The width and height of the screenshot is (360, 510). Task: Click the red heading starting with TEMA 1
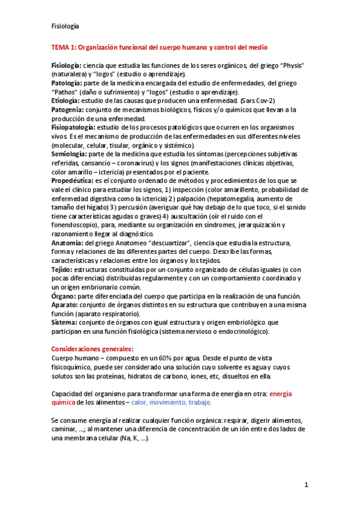tap(159, 46)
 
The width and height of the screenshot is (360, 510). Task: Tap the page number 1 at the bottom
tap(306, 484)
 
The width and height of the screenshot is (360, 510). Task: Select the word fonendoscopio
tap(76, 225)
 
